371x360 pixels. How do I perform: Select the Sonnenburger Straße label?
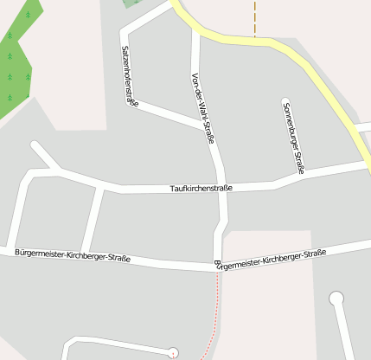tap(293, 138)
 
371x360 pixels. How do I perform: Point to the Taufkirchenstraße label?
tap(201, 188)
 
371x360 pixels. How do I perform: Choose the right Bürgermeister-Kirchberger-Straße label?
tap(270, 258)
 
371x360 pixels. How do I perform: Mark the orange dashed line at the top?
tap(255, 17)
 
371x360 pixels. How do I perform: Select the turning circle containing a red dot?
tap(173, 352)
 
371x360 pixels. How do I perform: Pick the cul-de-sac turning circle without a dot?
tap(336, 299)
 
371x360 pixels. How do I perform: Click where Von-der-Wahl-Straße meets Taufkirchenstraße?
tap(222, 188)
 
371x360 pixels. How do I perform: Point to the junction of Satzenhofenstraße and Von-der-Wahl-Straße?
tap(205, 126)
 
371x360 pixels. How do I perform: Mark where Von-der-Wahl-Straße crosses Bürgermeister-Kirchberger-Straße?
tap(217, 263)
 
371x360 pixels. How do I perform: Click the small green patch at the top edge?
tap(131, 3)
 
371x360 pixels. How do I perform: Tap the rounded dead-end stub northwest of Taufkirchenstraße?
tap(35, 147)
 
